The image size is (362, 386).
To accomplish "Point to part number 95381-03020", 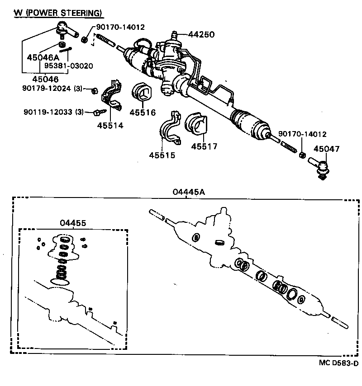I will coord(68,66).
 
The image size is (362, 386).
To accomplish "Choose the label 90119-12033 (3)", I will coord(53,112).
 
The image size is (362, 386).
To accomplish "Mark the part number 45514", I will coord(110,126).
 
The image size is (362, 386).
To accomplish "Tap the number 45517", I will coord(204,146).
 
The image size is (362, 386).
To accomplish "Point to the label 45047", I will coord(326,149).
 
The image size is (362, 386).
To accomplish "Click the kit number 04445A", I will coord(189,192).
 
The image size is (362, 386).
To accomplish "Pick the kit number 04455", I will coord(72,223).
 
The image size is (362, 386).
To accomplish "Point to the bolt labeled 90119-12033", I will coord(98,111).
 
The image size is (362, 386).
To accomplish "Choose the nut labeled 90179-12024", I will coord(94,90).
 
